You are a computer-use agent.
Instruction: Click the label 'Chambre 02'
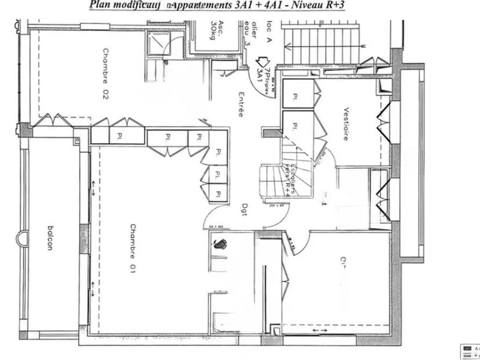[105, 74]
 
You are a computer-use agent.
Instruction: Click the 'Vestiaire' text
[346, 124]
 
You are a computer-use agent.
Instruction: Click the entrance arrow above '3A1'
[261, 62]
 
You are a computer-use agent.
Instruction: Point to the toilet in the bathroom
[219, 244]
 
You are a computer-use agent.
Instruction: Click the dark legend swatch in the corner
[467, 348]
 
